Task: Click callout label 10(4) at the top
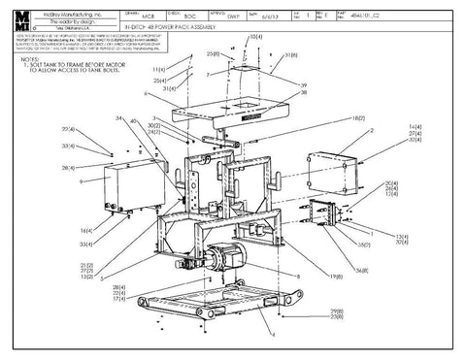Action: point(254,37)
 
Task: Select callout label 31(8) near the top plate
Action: point(289,55)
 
